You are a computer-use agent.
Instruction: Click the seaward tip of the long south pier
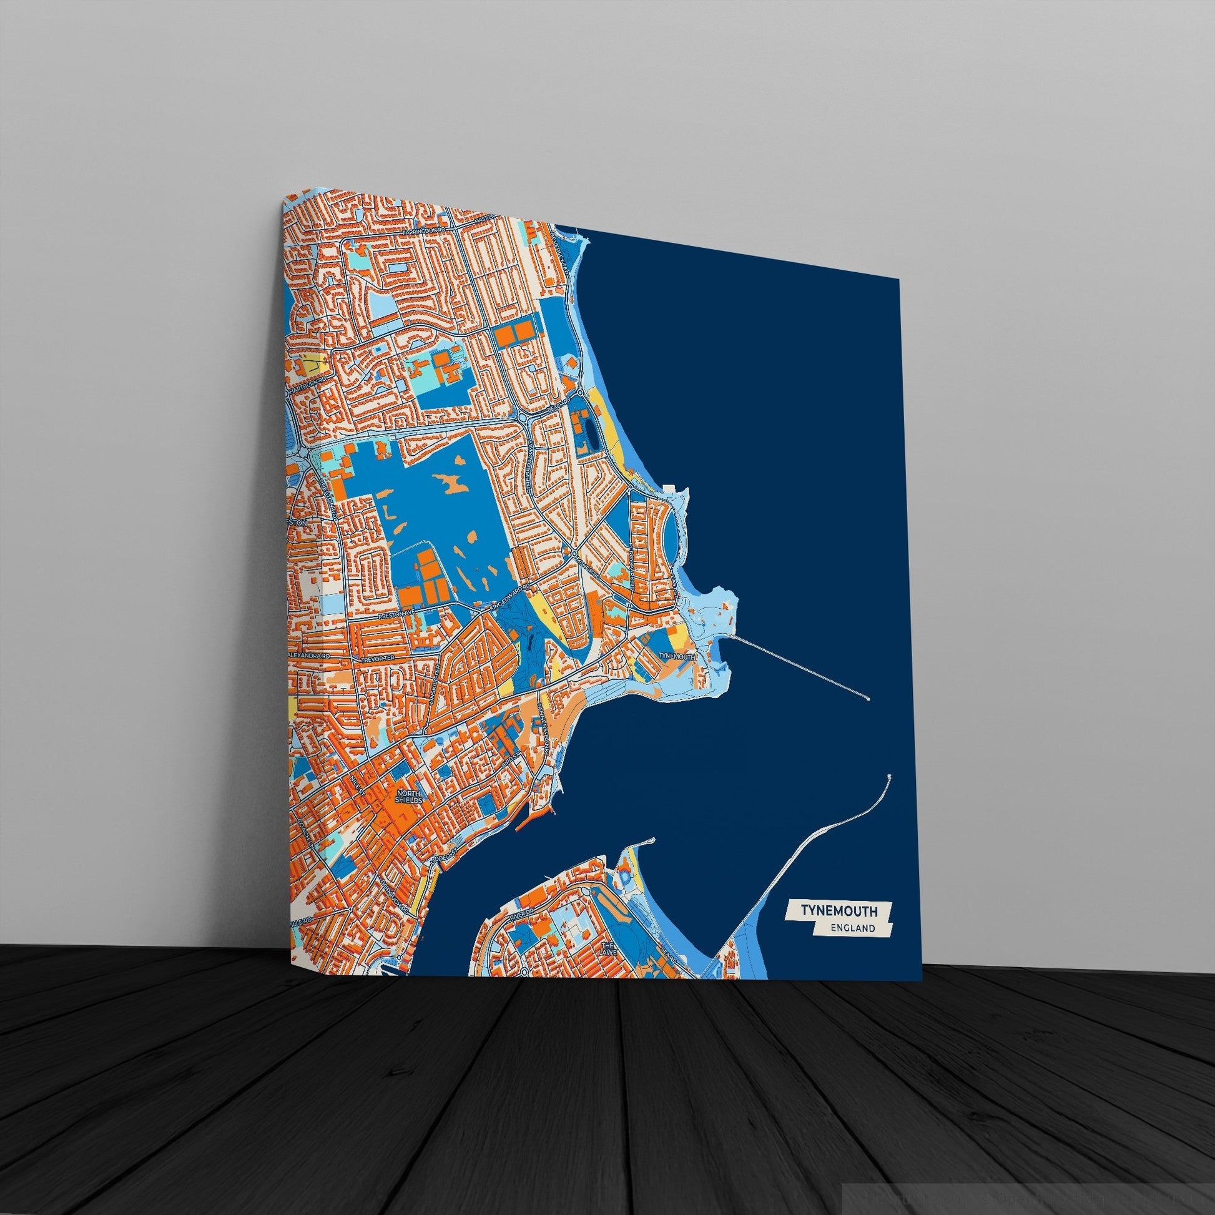coord(888,777)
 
